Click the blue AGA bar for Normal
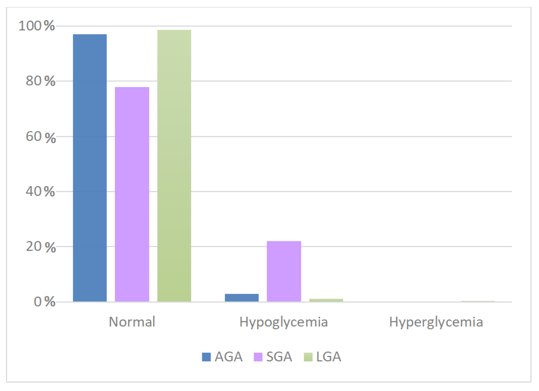90,168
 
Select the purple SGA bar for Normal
132,194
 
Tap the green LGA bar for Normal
174,166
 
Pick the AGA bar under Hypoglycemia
241,298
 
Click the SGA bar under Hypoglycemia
284,271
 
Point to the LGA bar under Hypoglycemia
326,300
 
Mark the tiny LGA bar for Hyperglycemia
478,301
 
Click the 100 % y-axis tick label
37,26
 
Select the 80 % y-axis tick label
40,81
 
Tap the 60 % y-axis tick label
40,137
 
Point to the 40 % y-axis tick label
40,191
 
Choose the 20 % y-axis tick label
40,246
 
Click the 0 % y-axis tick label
44,302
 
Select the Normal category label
132,322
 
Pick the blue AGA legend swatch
206,357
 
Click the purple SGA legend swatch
258,357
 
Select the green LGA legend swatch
308,357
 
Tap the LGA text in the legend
328,357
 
